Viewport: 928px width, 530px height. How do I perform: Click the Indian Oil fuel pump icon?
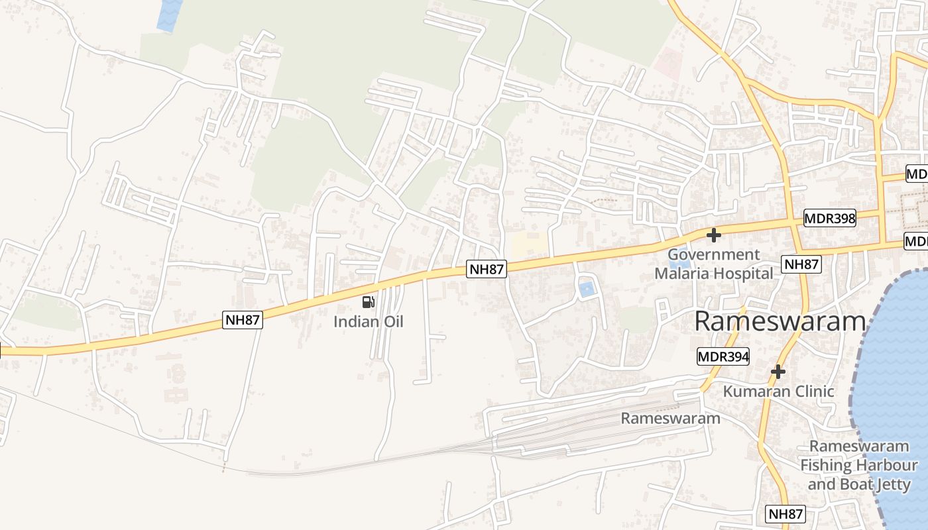click(x=368, y=303)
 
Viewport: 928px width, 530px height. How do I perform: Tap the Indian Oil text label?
click(x=368, y=322)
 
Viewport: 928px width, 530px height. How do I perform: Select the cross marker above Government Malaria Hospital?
click(x=714, y=235)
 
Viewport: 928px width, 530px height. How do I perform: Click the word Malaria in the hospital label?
click(x=688, y=273)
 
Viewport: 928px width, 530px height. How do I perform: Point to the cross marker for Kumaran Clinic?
click(x=778, y=372)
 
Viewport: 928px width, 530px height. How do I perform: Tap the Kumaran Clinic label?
click(x=778, y=392)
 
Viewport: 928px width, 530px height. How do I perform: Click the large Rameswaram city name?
click(x=780, y=322)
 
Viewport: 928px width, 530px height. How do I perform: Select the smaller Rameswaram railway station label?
click(x=670, y=418)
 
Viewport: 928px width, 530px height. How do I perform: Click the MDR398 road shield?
click(x=829, y=217)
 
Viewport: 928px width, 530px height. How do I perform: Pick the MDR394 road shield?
click(x=723, y=357)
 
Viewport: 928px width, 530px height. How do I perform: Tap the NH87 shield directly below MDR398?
click(x=801, y=264)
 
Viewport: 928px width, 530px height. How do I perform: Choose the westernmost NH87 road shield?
click(x=243, y=321)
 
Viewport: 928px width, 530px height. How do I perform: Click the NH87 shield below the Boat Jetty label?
click(x=786, y=513)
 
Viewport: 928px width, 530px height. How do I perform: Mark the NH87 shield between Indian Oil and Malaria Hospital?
click(x=487, y=269)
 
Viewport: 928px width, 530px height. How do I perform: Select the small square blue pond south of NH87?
click(x=586, y=290)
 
